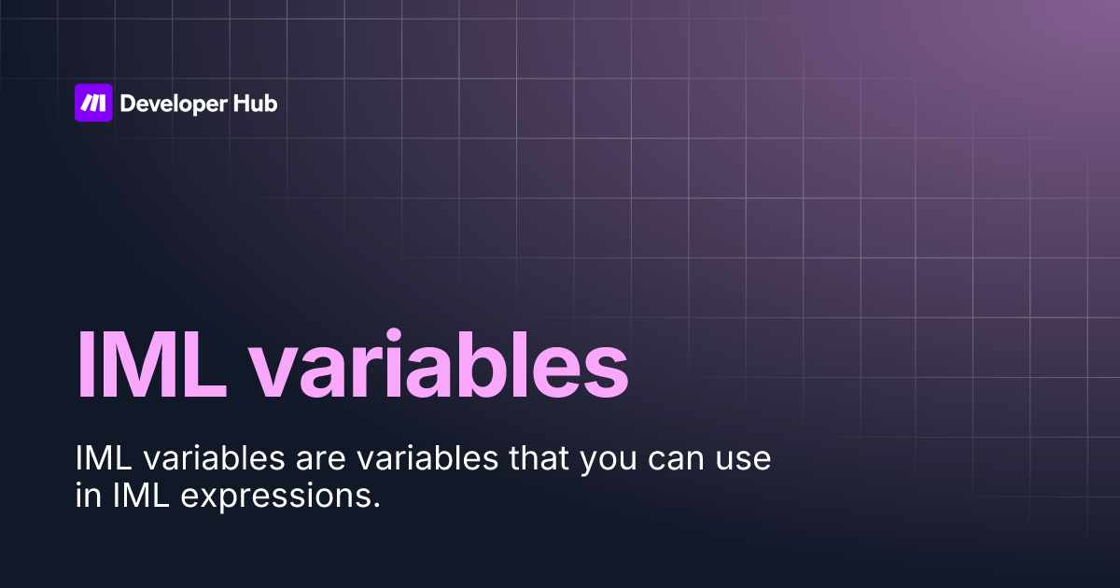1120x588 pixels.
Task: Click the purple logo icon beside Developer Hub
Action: coord(93,103)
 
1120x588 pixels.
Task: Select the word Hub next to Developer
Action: coord(255,104)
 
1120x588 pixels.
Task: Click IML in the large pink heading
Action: coord(150,364)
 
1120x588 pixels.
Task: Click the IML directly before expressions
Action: coord(139,497)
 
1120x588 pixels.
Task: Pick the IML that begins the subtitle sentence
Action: coord(99,460)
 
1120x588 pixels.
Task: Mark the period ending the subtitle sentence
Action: coord(376,505)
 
